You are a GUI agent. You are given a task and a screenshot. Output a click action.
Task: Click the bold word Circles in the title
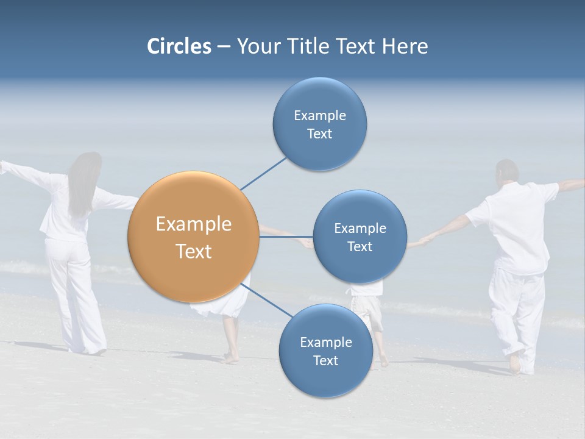[x=179, y=46]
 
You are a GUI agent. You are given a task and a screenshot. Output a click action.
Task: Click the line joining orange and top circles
[x=263, y=173]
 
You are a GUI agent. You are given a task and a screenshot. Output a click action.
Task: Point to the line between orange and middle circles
[x=286, y=237]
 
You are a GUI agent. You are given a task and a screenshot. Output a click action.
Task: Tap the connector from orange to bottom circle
[x=266, y=300]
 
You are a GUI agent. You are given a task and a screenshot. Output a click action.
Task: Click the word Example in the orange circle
[x=194, y=224]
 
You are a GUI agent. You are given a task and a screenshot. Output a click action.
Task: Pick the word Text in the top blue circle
[x=319, y=134]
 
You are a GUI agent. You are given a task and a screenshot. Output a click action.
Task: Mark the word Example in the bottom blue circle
[x=325, y=342]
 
